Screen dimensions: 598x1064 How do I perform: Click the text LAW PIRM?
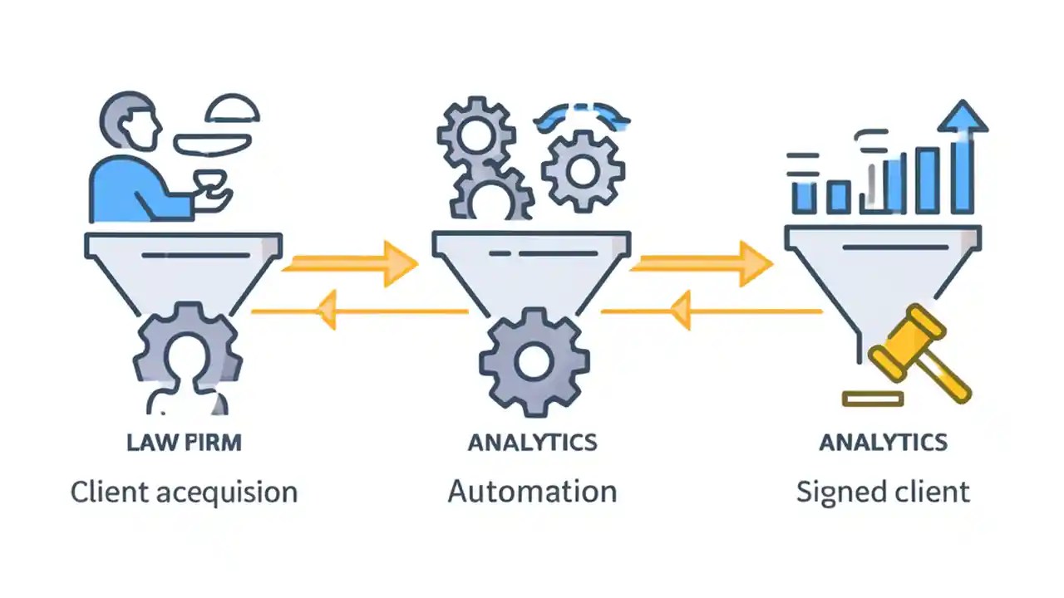click(x=184, y=442)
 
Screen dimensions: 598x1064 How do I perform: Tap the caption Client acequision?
click(x=184, y=492)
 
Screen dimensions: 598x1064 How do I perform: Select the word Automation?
click(x=532, y=491)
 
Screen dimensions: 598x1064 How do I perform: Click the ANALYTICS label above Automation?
click(x=532, y=442)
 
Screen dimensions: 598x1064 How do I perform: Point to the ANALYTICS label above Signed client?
click(x=883, y=442)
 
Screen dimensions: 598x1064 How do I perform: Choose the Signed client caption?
click(x=883, y=491)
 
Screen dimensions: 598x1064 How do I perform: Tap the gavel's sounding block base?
click(x=872, y=399)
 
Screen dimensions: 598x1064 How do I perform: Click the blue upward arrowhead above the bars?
click(x=963, y=118)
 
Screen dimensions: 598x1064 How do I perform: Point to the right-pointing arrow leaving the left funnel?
click(x=349, y=264)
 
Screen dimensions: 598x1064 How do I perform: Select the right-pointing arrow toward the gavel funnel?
click(x=702, y=264)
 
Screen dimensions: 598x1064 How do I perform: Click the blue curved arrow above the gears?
click(x=582, y=116)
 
